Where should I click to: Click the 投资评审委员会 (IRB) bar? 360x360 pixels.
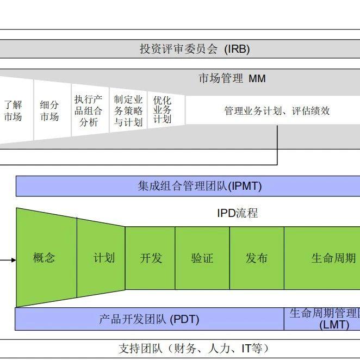pyautogui.click(x=194, y=49)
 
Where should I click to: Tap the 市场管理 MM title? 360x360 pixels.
pyautogui.click(x=232, y=79)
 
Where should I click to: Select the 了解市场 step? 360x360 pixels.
pyautogui.click(x=13, y=111)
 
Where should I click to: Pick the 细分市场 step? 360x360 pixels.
pyautogui.click(x=49, y=111)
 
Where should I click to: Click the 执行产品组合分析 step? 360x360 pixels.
pyautogui.click(x=88, y=111)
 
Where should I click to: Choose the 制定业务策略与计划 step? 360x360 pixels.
pyautogui.click(x=128, y=111)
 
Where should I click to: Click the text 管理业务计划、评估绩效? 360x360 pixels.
pyautogui.click(x=277, y=111)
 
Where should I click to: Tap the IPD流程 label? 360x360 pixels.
pyautogui.click(x=237, y=213)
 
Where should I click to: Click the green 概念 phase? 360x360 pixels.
pyautogui.click(x=44, y=258)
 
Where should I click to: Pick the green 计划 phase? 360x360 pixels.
pyautogui.click(x=104, y=258)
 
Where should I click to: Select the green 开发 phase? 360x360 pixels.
pyautogui.click(x=151, y=258)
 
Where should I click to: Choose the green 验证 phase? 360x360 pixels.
pyautogui.click(x=202, y=258)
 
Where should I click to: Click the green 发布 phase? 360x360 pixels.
pyautogui.click(x=257, y=258)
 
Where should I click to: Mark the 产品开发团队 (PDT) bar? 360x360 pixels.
pyautogui.click(x=149, y=319)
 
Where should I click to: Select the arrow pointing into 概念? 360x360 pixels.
pyautogui.click(x=8, y=260)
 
